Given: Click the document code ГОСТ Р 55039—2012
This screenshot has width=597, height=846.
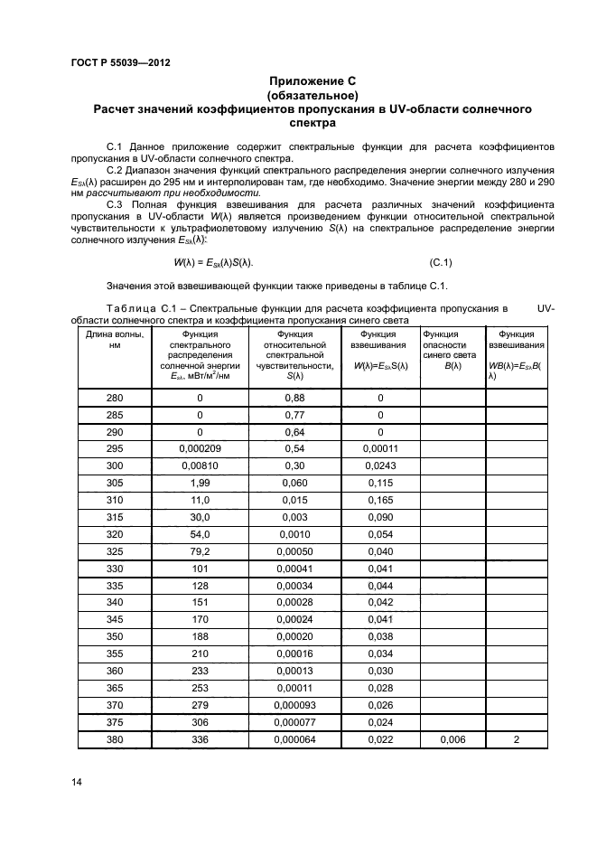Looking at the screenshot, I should pos(119,62).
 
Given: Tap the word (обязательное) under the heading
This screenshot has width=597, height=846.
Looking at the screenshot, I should pos(313,95).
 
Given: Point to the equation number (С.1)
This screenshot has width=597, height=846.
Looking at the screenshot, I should pos(441,263).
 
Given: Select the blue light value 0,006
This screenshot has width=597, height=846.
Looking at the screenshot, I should pos(452,739).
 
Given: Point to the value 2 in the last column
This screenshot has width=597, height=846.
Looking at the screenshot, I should pos(518,739).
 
